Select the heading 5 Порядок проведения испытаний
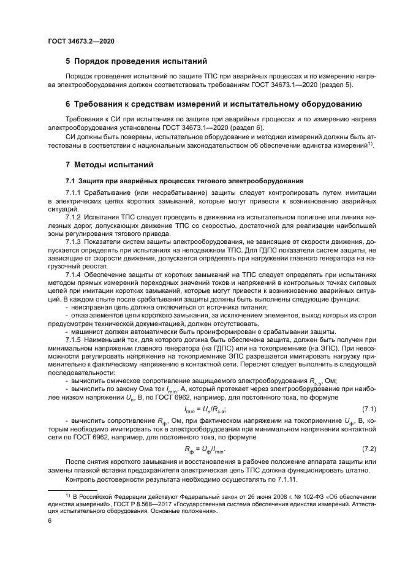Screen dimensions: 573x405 coord(136,61)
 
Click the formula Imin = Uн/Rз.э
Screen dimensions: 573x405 coord(205,409)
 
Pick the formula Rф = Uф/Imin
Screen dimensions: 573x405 coord(205,450)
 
